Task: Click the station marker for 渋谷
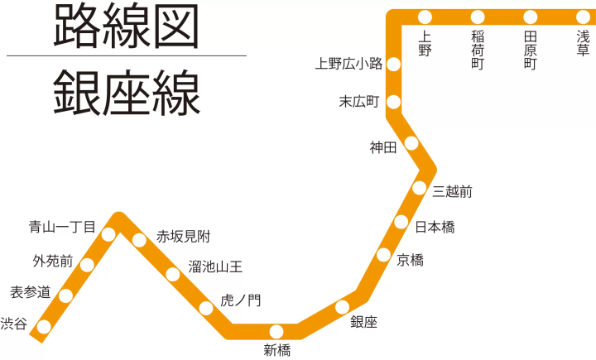click(44, 327)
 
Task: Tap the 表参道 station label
click(31, 291)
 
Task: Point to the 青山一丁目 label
click(62, 226)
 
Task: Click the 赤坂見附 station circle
click(139, 240)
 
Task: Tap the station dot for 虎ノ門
click(206, 309)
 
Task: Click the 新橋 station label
click(277, 350)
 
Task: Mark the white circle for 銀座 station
click(343, 308)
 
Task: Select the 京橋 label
click(410, 260)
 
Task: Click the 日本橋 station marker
click(401, 222)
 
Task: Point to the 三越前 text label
click(453, 192)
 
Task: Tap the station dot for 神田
click(411, 144)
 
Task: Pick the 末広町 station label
click(359, 102)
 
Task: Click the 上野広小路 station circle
click(394, 64)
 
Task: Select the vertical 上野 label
click(425, 43)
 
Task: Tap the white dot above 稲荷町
click(478, 17)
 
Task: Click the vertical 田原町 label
click(531, 50)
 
